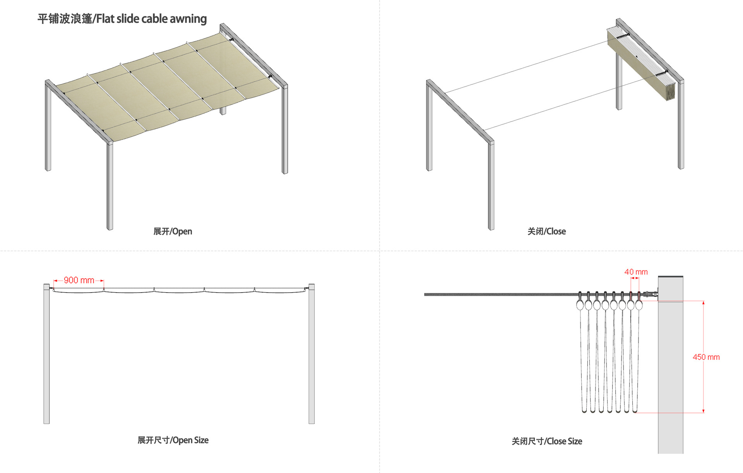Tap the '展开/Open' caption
(173, 231)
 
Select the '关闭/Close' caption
(546, 231)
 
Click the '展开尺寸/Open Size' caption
(173, 440)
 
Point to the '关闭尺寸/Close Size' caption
(547, 441)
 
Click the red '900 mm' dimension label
(79, 280)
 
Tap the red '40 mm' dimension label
(636, 272)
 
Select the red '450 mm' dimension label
(706, 357)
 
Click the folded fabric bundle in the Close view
(640, 64)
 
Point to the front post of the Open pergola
(110, 186)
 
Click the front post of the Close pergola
(491, 186)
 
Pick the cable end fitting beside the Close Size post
(650, 294)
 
